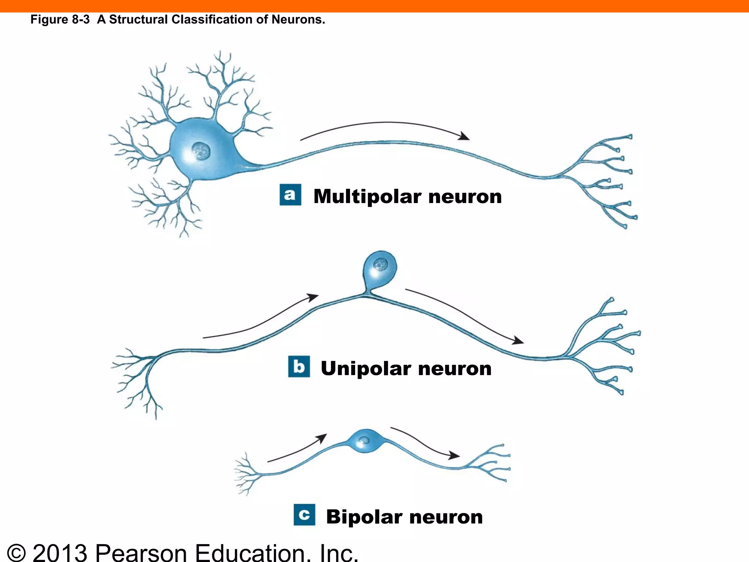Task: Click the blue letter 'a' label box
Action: tap(290, 195)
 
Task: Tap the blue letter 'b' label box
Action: tap(299, 366)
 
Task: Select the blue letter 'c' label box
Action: tap(304, 515)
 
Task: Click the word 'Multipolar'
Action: tap(367, 196)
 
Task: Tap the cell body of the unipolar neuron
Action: tap(380, 269)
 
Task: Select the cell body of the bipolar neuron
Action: tap(365, 441)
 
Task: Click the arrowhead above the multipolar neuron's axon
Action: tap(465, 136)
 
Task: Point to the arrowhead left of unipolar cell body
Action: tap(313, 297)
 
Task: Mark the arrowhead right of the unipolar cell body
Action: tap(518, 341)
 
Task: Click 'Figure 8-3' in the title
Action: tap(60, 19)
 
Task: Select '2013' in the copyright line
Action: tap(60, 552)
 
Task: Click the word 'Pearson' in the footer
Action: tap(141, 552)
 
